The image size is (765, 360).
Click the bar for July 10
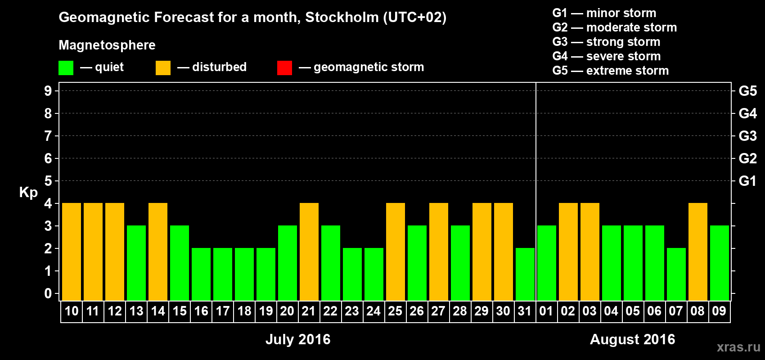point(72,252)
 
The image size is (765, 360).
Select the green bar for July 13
point(136,263)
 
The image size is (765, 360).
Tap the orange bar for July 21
point(309,252)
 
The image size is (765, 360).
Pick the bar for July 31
point(525,274)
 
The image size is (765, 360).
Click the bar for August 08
point(698,252)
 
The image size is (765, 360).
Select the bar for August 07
point(676,274)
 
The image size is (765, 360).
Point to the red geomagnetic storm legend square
point(284,68)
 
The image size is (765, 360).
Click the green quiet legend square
point(66,68)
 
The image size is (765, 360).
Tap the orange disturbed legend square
point(163,68)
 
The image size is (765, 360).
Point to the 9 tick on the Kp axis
point(48,91)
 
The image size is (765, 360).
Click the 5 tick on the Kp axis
point(48,181)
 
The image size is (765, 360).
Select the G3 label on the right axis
point(747,136)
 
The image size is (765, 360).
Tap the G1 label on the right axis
point(747,181)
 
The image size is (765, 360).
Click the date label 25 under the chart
point(395,311)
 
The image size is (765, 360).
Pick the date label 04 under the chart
point(611,311)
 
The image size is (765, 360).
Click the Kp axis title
point(28,193)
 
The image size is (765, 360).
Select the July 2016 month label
point(298,339)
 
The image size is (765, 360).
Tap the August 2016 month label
point(632,339)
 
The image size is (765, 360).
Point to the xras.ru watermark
point(738,347)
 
